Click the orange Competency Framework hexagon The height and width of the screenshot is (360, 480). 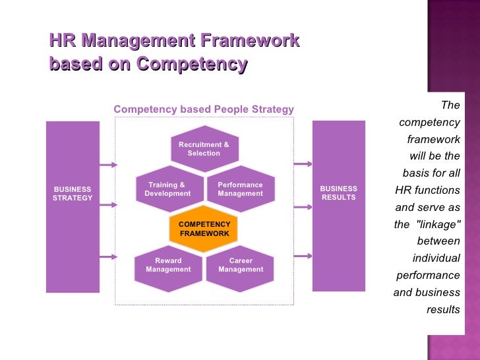coord(204,229)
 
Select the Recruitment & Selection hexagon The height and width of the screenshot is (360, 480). coord(204,148)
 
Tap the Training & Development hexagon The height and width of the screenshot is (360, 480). coord(167,189)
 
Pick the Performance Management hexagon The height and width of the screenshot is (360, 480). coord(240,189)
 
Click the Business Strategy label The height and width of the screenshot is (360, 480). coord(73,193)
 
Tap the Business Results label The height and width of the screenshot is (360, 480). coord(338,193)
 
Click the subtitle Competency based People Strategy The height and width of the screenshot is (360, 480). coord(204,109)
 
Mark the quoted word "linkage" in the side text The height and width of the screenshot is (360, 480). coord(436,224)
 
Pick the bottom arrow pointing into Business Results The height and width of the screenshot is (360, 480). coord(303,255)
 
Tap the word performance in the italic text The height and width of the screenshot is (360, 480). coord(428,275)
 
